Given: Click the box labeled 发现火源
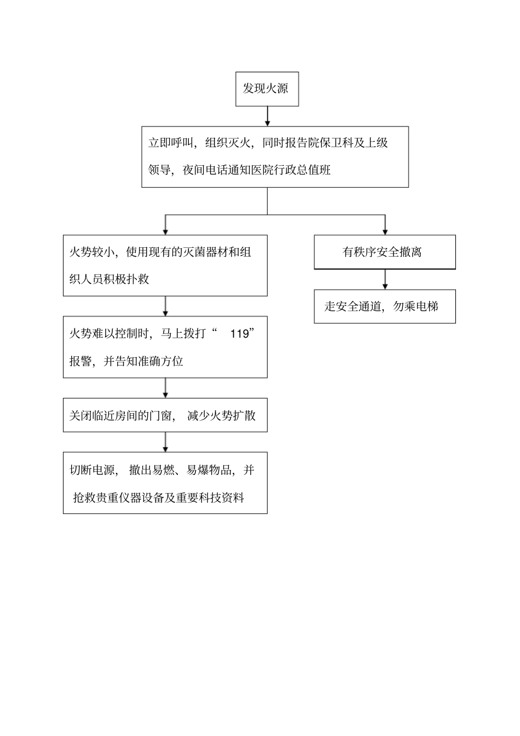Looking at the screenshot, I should click(x=267, y=89).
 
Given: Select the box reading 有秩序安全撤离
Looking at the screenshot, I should click(x=384, y=252).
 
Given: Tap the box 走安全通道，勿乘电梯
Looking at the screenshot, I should click(x=384, y=306).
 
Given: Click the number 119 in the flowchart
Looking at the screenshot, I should click(x=239, y=334).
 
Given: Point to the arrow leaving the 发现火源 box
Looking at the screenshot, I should click(x=268, y=116).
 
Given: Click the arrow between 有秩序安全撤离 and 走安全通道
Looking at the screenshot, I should click(x=385, y=280).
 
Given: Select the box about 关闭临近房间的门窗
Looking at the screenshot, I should click(x=165, y=416).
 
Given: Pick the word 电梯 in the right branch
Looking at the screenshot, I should click(x=427, y=306).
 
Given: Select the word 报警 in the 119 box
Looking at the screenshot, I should click(x=80, y=361).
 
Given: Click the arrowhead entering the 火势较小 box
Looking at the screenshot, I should click(x=165, y=231).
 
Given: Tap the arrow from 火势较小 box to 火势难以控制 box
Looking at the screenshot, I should click(x=165, y=306).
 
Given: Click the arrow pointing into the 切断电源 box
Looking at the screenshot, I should click(x=165, y=442).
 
